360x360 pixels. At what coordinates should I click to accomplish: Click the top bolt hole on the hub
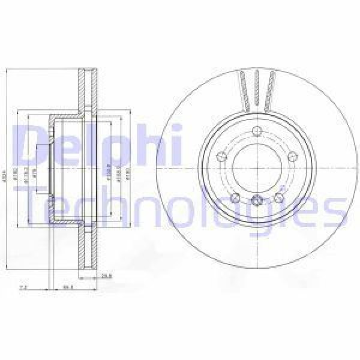pyautogui.click(x=257, y=132)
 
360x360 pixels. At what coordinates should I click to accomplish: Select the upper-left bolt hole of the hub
pyautogui.click(x=220, y=158)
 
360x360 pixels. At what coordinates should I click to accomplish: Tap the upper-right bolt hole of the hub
pyautogui.click(x=293, y=157)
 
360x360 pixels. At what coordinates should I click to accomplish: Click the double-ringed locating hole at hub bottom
pyautogui.click(x=257, y=202)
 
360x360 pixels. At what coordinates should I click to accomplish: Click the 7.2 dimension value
pyautogui.click(x=23, y=288)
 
